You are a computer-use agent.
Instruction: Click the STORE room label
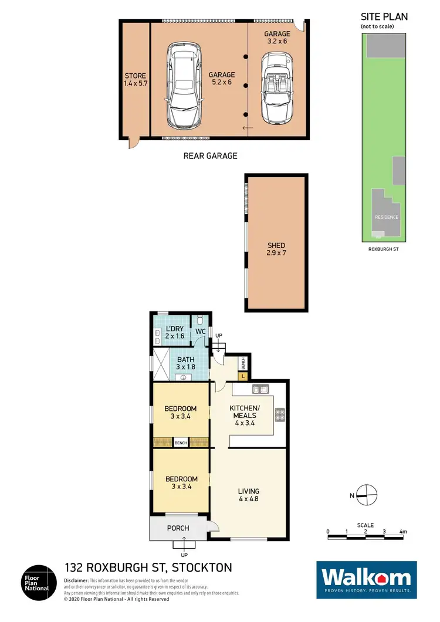(x=135, y=80)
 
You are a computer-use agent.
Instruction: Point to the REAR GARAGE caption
(x=211, y=155)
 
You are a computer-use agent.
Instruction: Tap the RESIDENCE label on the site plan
(x=387, y=217)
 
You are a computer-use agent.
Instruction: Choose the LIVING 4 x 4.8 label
(x=249, y=495)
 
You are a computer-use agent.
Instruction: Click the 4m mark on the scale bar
(x=403, y=532)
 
